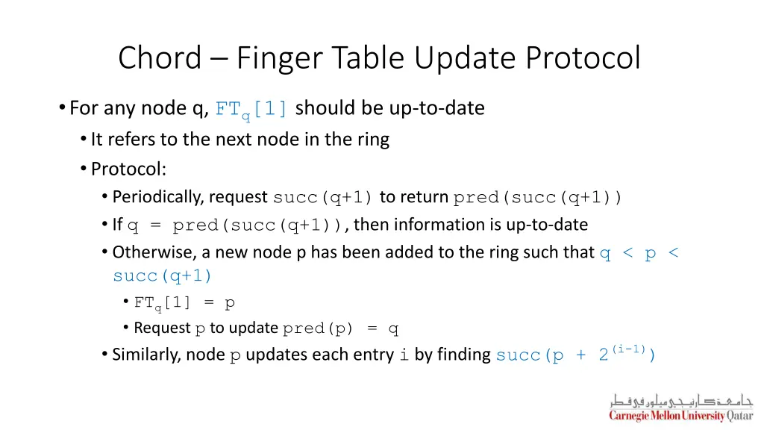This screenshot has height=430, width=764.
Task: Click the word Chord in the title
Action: pos(160,57)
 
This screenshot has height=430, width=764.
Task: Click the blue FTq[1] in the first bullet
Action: pos(251,110)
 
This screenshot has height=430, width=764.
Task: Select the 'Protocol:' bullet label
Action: pos(128,169)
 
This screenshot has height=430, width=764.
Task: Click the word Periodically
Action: pos(158,197)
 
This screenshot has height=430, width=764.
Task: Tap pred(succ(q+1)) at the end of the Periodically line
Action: pos(538,198)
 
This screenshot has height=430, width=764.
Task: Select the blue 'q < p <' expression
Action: pos(639,253)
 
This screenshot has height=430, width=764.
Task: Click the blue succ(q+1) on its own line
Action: pos(163,276)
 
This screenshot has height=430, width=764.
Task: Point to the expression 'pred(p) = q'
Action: pos(341,328)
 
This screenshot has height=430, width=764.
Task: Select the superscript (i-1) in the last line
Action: pos(629,349)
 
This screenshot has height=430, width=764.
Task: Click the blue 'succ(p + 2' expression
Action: pos(552,355)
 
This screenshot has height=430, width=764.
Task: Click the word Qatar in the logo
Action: pos(739,416)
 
